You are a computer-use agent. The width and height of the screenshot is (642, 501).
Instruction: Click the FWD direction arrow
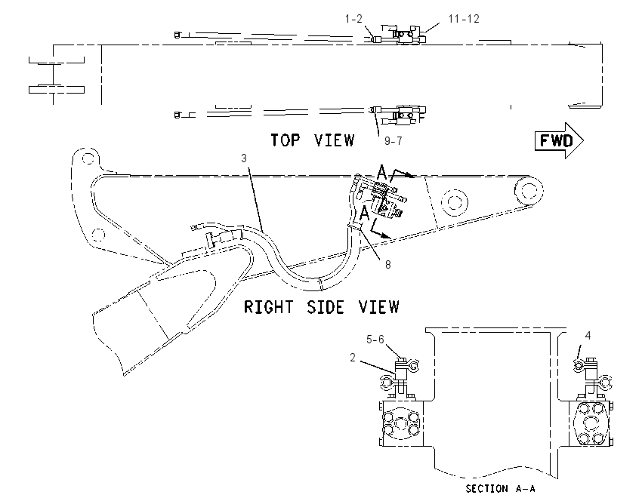(x=559, y=140)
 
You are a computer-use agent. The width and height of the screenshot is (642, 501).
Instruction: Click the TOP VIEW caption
(x=313, y=140)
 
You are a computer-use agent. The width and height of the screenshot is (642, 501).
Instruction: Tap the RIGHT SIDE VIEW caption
(x=322, y=307)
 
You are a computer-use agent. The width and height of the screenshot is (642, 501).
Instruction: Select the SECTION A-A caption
(x=500, y=488)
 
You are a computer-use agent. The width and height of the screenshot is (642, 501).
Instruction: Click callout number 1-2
(x=353, y=19)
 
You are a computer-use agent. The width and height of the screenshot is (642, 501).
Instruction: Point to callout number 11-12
(x=464, y=19)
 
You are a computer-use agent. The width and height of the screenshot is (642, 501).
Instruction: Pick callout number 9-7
(x=393, y=140)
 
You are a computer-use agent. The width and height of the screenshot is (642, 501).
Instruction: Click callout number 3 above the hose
(x=244, y=158)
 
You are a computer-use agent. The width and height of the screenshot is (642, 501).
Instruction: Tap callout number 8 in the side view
(x=387, y=265)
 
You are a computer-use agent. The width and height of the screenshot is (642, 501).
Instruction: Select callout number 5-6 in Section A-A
(x=375, y=340)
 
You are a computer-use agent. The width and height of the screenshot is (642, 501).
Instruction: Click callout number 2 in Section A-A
(x=353, y=358)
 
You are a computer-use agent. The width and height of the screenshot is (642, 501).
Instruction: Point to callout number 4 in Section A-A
(x=588, y=336)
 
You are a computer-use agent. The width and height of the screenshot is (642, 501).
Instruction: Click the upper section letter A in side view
(x=381, y=173)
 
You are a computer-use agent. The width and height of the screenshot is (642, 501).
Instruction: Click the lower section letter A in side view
(x=364, y=213)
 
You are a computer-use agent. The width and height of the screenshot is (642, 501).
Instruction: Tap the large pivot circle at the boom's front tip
(x=529, y=191)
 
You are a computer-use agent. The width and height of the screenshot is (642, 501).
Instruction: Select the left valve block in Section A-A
(x=401, y=424)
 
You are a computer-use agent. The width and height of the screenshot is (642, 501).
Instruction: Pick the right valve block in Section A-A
(x=591, y=424)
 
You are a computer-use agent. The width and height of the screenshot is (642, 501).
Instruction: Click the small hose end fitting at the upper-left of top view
(x=177, y=35)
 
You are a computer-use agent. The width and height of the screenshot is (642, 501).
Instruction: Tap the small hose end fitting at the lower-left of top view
(x=177, y=115)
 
